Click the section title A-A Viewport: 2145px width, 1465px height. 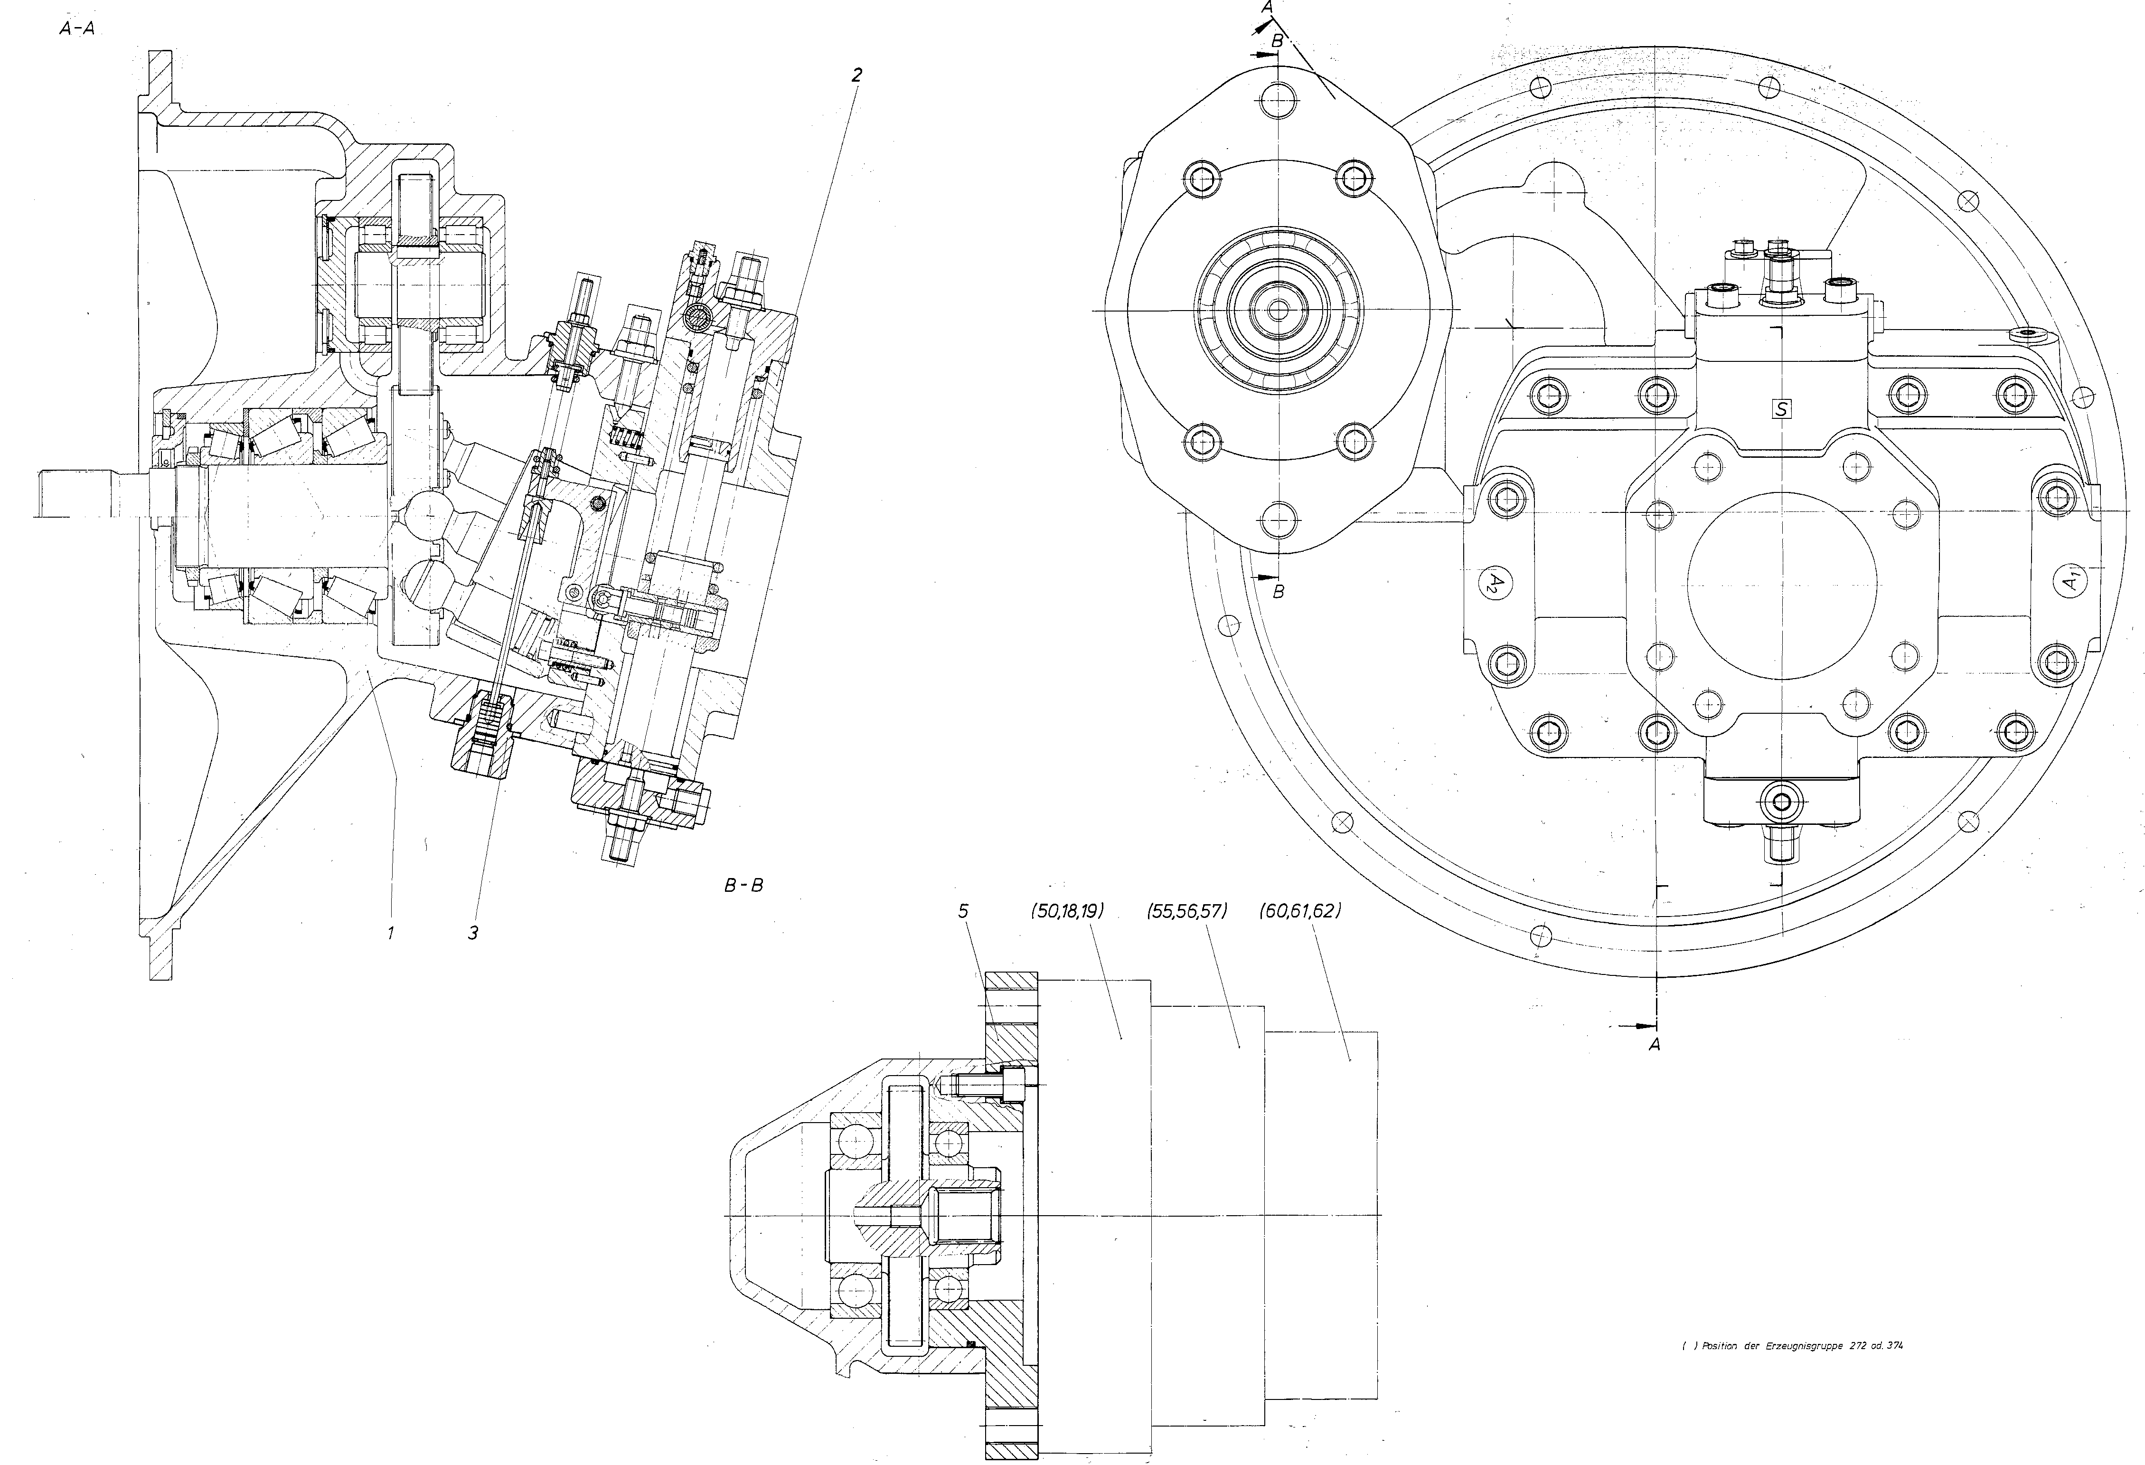coord(76,28)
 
